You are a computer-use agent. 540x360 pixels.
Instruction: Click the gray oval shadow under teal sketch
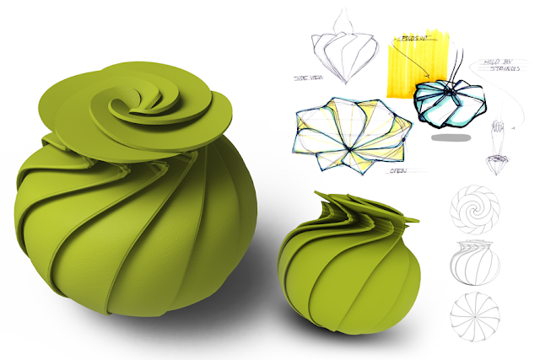[x=452, y=136]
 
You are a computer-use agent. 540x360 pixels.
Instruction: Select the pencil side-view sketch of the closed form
[x=342, y=51]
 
